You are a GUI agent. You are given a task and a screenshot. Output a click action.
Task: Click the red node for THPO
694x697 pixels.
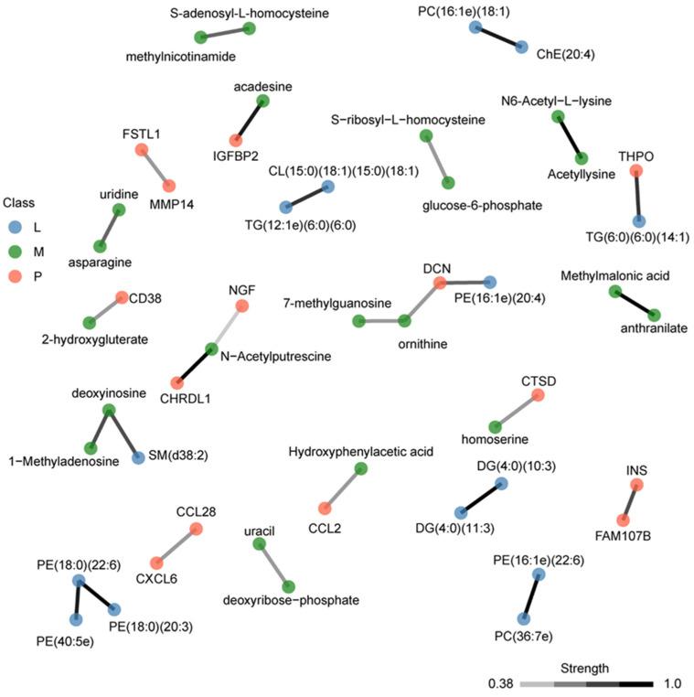636,171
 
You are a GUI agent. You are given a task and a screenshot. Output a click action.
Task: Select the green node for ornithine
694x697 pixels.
403,321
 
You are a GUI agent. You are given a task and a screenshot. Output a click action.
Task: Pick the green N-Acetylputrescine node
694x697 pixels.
212,348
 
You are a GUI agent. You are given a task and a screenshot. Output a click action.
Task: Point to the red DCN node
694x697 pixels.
440,283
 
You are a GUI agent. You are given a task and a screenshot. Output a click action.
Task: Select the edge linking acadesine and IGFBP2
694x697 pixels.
250,120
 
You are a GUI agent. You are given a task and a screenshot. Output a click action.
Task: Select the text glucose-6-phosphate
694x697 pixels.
482,206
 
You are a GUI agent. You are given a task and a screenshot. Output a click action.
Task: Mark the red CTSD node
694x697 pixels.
538,395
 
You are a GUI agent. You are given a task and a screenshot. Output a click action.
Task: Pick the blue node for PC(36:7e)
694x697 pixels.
523,619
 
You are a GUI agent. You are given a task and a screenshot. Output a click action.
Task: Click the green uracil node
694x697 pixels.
259,544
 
